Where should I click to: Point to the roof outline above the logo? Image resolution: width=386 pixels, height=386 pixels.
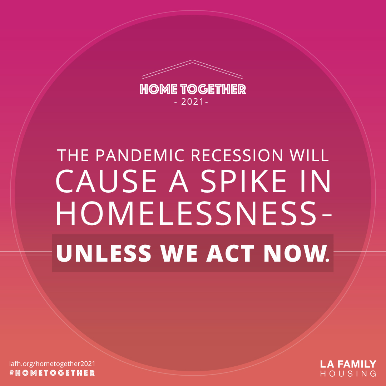point(192,68)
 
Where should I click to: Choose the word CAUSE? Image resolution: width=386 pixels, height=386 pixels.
point(106,182)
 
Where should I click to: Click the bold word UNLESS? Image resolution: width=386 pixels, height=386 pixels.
point(104,253)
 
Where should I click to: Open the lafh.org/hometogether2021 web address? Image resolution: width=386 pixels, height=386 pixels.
point(52,363)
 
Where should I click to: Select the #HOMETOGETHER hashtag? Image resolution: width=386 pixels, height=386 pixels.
point(52,373)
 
